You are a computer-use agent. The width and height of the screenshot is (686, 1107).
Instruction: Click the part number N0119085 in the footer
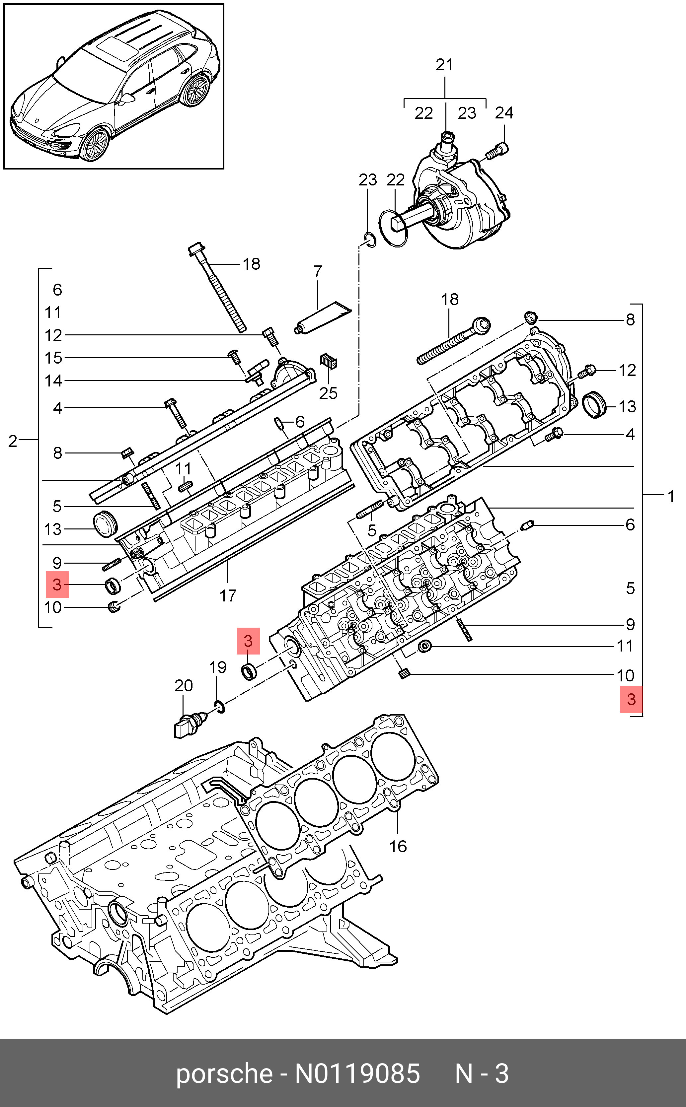pos(357,1074)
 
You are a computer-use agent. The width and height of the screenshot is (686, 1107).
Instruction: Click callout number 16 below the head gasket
pos(398,846)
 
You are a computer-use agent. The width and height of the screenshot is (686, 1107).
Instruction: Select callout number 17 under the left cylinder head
pos(228,595)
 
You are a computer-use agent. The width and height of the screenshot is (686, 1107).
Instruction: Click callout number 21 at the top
pos(444,65)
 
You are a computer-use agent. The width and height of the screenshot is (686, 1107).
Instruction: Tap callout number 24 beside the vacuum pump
pos(503,112)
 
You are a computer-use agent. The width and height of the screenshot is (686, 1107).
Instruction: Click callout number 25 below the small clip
pos(328,393)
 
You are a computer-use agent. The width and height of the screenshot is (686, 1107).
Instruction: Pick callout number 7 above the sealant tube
pos(318,272)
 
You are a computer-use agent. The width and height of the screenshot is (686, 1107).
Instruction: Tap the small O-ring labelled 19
pos(219,706)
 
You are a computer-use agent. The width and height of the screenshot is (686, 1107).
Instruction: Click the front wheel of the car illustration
pos(95,145)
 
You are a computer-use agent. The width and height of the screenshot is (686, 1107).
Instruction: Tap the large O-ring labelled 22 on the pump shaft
pos(393,229)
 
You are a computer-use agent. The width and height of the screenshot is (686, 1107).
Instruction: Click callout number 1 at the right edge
pos(671,497)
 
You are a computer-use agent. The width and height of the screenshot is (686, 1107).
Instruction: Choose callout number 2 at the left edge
pos(13,441)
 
